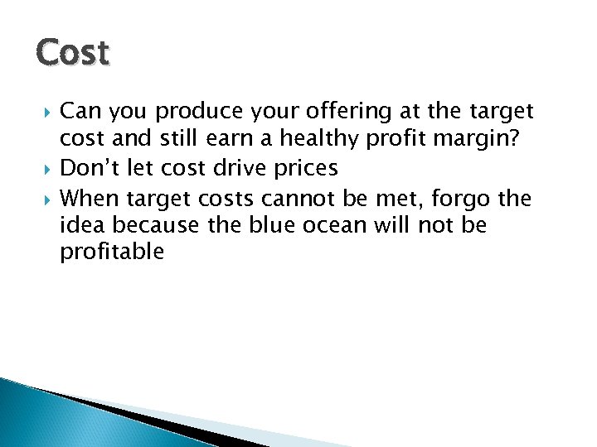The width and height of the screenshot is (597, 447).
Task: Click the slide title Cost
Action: pos(73,54)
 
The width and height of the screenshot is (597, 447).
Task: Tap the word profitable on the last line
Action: pos(112,252)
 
